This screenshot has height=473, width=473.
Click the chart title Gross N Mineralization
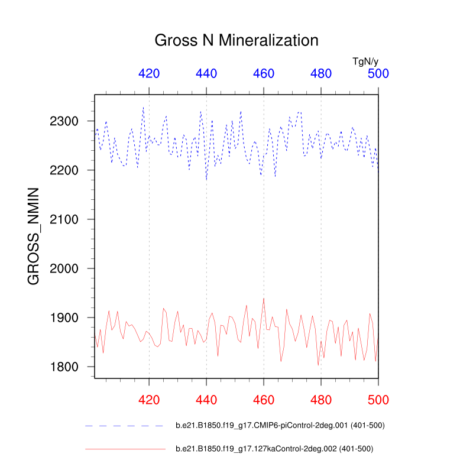pyautogui.click(x=237, y=40)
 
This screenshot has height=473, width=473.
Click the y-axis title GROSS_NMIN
pyautogui.click(x=34, y=237)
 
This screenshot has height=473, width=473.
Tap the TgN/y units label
pyautogui.click(x=365, y=61)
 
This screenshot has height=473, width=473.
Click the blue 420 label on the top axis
pyautogui.click(x=149, y=74)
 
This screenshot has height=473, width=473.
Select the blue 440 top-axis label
pyautogui.click(x=206, y=74)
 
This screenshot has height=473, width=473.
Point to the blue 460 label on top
pyautogui.click(x=264, y=74)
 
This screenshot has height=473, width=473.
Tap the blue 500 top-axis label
pyautogui.click(x=378, y=74)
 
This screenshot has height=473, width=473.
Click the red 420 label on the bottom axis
pyautogui.click(x=149, y=400)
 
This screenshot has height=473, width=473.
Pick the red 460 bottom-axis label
pyautogui.click(x=264, y=400)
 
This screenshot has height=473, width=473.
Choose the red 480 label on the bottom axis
pyautogui.click(x=321, y=400)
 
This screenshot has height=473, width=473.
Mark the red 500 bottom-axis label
pyautogui.click(x=378, y=400)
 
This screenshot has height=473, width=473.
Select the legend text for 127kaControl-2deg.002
pyautogui.click(x=274, y=449)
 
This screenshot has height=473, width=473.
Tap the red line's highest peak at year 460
pyautogui.click(x=264, y=299)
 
